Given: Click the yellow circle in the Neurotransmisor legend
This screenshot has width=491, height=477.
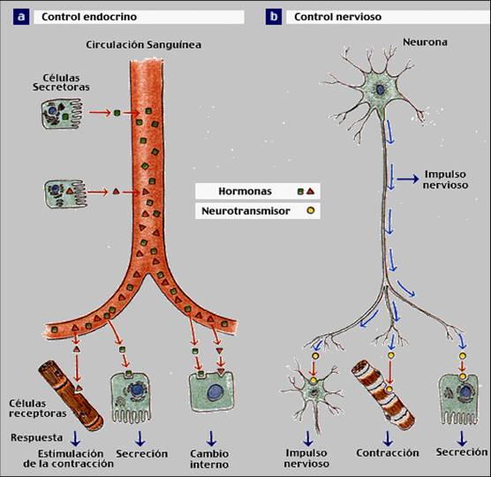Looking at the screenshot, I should (310, 212).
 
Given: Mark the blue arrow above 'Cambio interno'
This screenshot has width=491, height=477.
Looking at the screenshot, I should (211, 437).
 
